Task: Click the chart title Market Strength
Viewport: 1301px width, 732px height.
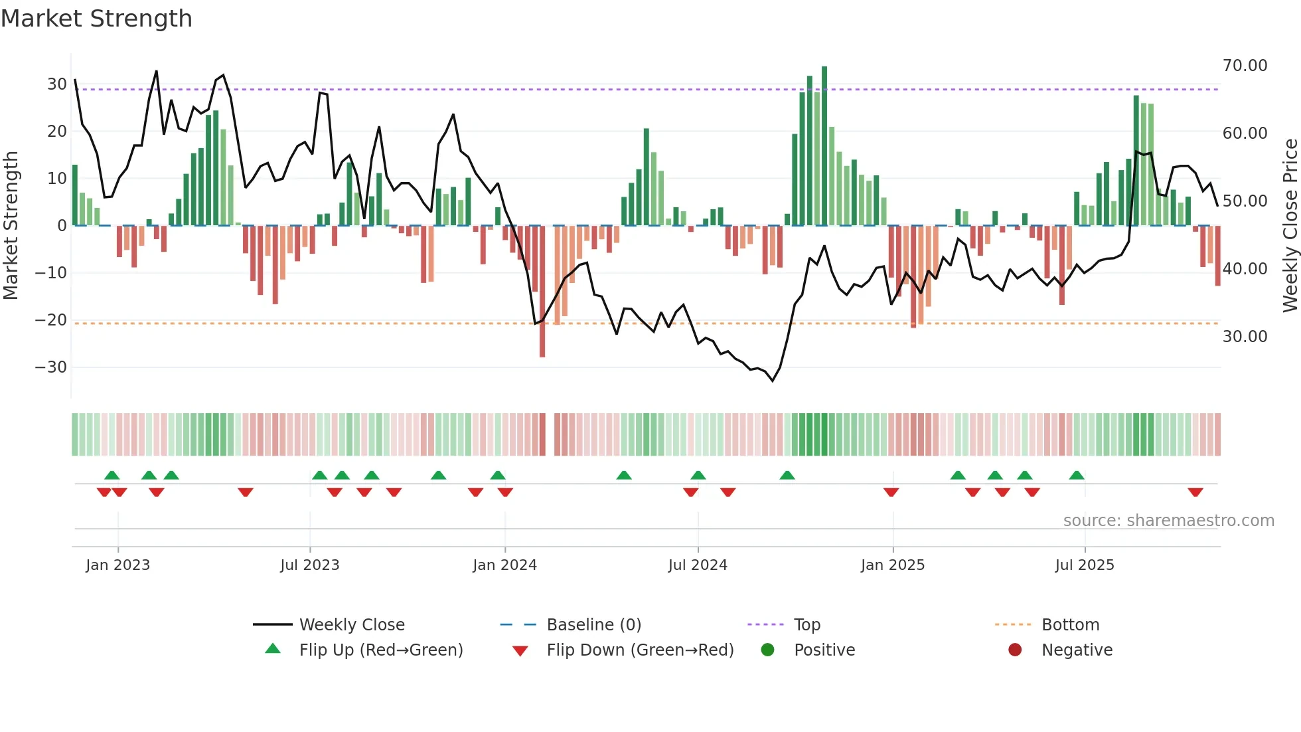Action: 96,19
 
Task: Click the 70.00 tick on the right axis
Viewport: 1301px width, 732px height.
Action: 1245,66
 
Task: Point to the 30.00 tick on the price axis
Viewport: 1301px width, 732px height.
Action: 1245,337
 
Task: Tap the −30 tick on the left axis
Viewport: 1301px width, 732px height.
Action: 51,367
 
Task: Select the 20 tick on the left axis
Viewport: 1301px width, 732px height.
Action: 56,132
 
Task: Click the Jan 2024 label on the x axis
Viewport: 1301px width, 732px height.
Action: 504,565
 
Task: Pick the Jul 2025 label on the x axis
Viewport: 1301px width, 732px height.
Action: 1085,565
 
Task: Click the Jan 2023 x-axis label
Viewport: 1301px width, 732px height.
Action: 117,565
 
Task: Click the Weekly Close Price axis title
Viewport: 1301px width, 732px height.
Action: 1290,226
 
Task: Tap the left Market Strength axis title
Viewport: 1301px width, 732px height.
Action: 11,226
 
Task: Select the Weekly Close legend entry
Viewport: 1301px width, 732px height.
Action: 351,625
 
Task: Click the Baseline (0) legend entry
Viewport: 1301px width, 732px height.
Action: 593,625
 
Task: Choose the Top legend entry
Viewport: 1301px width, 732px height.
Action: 806,625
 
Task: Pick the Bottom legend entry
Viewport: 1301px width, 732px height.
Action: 1070,625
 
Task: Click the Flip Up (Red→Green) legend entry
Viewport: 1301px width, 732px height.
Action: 380,650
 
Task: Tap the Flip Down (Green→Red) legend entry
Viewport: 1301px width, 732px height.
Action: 640,650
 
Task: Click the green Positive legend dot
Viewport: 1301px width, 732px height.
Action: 768,650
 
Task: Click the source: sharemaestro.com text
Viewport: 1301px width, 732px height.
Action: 1168,521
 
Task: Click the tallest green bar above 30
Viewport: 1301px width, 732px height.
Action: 824,146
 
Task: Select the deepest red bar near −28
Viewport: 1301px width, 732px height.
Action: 542,292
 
